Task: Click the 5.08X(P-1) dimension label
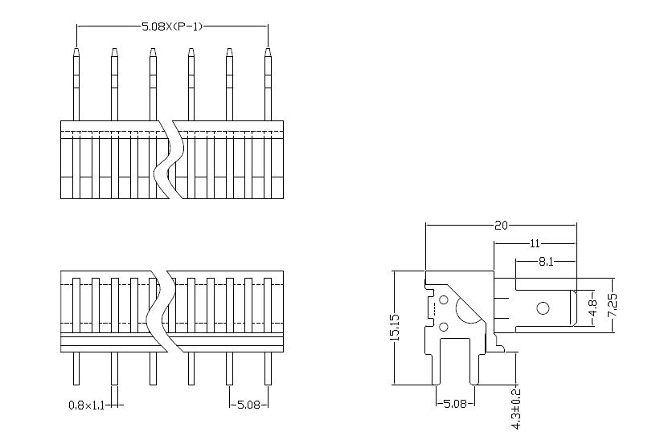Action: point(172,26)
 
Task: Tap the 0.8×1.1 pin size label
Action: point(87,405)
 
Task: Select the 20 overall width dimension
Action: point(501,226)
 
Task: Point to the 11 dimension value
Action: point(535,243)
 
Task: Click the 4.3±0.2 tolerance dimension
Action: point(516,409)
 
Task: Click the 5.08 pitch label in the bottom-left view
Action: point(248,405)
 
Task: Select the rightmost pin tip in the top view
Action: point(268,55)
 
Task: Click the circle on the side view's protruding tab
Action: point(543,307)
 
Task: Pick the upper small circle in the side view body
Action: point(444,301)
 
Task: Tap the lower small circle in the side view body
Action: point(444,326)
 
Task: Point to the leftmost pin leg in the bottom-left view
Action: point(76,369)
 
